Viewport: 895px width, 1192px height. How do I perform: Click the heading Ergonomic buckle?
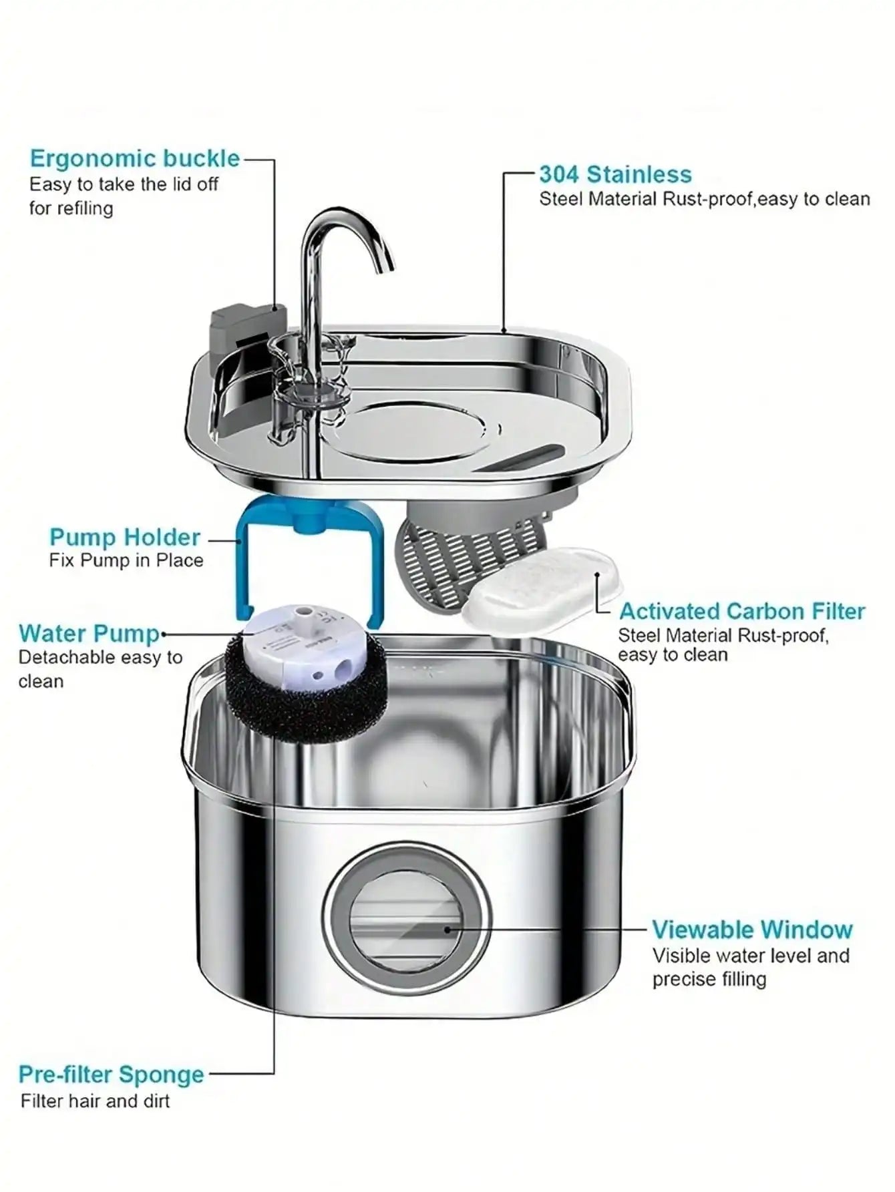tap(134, 159)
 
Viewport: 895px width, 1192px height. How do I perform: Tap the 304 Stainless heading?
tap(615, 174)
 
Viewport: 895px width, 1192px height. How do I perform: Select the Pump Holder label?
tap(124, 537)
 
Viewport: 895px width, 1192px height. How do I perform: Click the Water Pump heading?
tap(89, 633)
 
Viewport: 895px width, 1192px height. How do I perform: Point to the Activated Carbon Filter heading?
tap(741, 611)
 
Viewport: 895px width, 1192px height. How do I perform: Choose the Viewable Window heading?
tap(752, 930)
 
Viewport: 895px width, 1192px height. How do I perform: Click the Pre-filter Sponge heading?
tap(111, 1074)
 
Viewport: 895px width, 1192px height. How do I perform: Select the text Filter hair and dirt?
tap(95, 1101)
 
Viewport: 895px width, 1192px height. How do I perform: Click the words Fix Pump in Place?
tap(126, 560)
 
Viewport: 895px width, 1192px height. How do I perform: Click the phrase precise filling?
tap(709, 980)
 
